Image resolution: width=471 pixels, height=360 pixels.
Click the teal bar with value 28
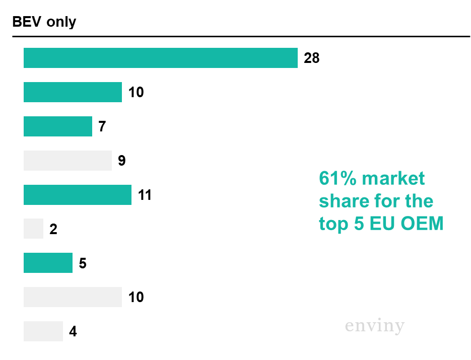(x=160, y=58)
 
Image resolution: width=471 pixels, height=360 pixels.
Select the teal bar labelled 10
(x=73, y=92)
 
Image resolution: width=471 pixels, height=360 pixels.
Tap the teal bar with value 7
(x=57, y=126)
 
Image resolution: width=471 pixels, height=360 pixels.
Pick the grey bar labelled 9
(x=68, y=161)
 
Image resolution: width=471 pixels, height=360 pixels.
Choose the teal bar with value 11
(x=77, y=195)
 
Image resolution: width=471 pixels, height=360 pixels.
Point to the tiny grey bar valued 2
(x=33, y=229)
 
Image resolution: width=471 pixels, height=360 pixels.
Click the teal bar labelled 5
(x=48, y=263)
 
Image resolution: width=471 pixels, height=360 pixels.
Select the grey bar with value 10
(x=73, y=297)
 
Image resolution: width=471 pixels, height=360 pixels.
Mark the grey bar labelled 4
(x=43, y=331)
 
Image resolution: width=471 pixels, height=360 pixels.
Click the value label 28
(x=312, y=58)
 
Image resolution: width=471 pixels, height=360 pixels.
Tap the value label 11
(x=145, y=195)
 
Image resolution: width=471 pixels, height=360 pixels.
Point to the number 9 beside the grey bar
(x=122, y=161)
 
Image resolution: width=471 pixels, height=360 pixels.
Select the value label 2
(x=53, y=230)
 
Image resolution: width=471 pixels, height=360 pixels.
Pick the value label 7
(x=102, y=127)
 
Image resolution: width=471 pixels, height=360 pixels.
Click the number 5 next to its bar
(x=83, y=263)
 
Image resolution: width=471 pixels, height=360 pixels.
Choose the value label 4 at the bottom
(x=73, y=332)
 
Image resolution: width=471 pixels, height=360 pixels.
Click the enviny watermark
(x=374, y=326)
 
